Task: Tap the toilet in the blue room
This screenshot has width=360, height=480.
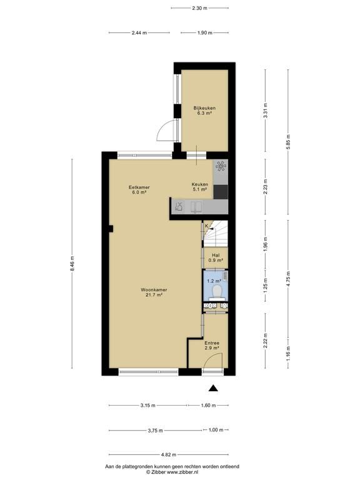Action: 217,292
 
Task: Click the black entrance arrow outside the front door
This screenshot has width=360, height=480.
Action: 213,388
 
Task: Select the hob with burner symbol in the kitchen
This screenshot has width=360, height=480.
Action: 221,166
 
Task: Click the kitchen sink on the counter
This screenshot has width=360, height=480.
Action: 196,207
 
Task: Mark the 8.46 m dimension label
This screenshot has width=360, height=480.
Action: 72,264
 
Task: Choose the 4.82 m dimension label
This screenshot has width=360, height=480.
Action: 169,454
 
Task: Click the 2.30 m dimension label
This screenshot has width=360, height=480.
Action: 199,8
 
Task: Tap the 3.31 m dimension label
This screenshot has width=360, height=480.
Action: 266,110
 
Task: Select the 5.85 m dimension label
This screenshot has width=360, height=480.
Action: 288,142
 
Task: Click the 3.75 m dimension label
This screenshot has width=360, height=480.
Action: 156,431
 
